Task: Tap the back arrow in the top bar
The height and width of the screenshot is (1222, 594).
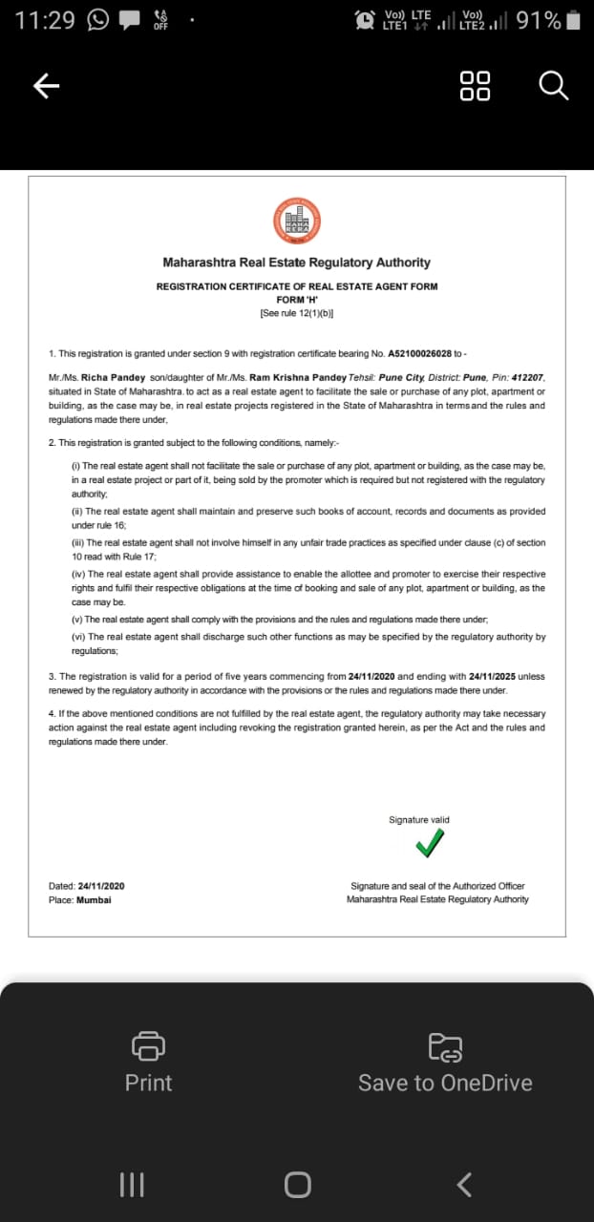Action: pyautogui.click(x=47, y=87)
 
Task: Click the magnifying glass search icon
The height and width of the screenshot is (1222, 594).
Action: pyautogui.click(x=553, y=86)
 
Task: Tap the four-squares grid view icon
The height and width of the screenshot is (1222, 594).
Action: pyautogui.click(x=475, y=86)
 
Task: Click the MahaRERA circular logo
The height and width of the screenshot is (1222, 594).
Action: pyautogui.click(x=296, y=219)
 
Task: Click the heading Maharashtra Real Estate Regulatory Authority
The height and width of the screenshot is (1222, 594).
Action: pyautogui.click(x=296, y=263)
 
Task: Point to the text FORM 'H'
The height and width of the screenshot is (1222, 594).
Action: pyautogui.click(x=296, y=299)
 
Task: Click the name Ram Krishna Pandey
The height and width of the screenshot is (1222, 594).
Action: pyautogui.click(x=298, y=378)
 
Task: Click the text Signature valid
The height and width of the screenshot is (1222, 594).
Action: pyautogui.click(x=418, y=820)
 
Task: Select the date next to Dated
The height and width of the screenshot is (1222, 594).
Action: pyautogui.click(x=101, y=886)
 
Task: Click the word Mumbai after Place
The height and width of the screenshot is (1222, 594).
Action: pyautogui.click(x=94, y=899)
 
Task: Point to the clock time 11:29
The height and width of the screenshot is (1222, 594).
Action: pyautogui.click(x=45, y=20)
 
